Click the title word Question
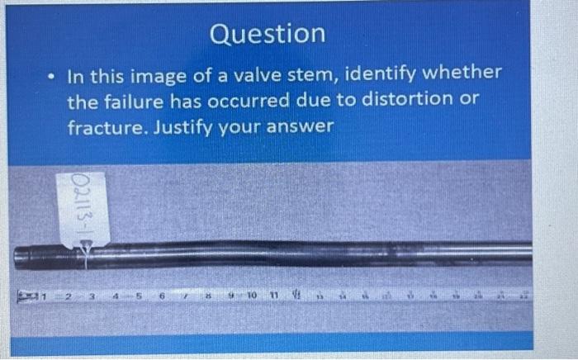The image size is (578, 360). coord(268,34)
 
